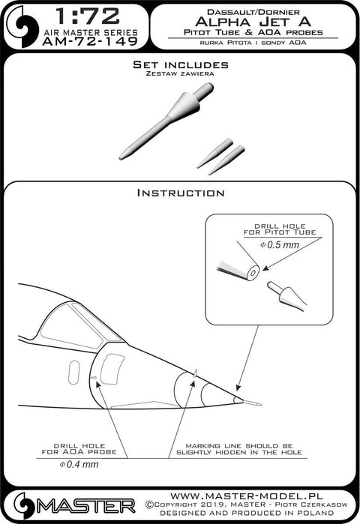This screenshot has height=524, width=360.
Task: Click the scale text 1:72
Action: click(88, 16)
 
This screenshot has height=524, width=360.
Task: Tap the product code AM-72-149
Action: click(90, 41)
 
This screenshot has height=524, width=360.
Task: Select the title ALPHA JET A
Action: click(253, 22)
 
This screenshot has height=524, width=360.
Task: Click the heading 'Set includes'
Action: click(181, 64)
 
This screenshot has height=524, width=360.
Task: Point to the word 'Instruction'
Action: click(181, 193)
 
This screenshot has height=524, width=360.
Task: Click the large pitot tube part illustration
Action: click(166, 121)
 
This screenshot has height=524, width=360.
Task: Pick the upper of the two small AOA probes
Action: click(214, 153)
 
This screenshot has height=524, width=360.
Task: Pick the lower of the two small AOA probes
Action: click(226, 160)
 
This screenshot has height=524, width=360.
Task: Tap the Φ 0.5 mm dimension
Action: click(280, 244)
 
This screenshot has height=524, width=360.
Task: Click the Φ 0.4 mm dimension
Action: click(79, 464)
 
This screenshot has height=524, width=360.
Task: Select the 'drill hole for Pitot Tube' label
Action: click(280, 229)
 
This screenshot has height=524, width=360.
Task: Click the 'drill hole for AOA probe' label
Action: click(79, 449)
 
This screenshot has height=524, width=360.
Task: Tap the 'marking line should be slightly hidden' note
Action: click(239, 449)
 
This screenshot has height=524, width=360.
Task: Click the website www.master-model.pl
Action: click(247, 496)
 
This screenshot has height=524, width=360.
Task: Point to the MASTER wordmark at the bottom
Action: click(85, 507)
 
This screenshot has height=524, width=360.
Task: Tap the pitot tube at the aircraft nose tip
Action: click(251, 403)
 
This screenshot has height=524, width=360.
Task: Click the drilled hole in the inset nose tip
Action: click(253, 273)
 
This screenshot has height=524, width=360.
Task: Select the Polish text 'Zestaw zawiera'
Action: click(180, 73)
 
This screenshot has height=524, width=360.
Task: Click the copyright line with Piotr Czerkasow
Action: click(247, 505)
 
